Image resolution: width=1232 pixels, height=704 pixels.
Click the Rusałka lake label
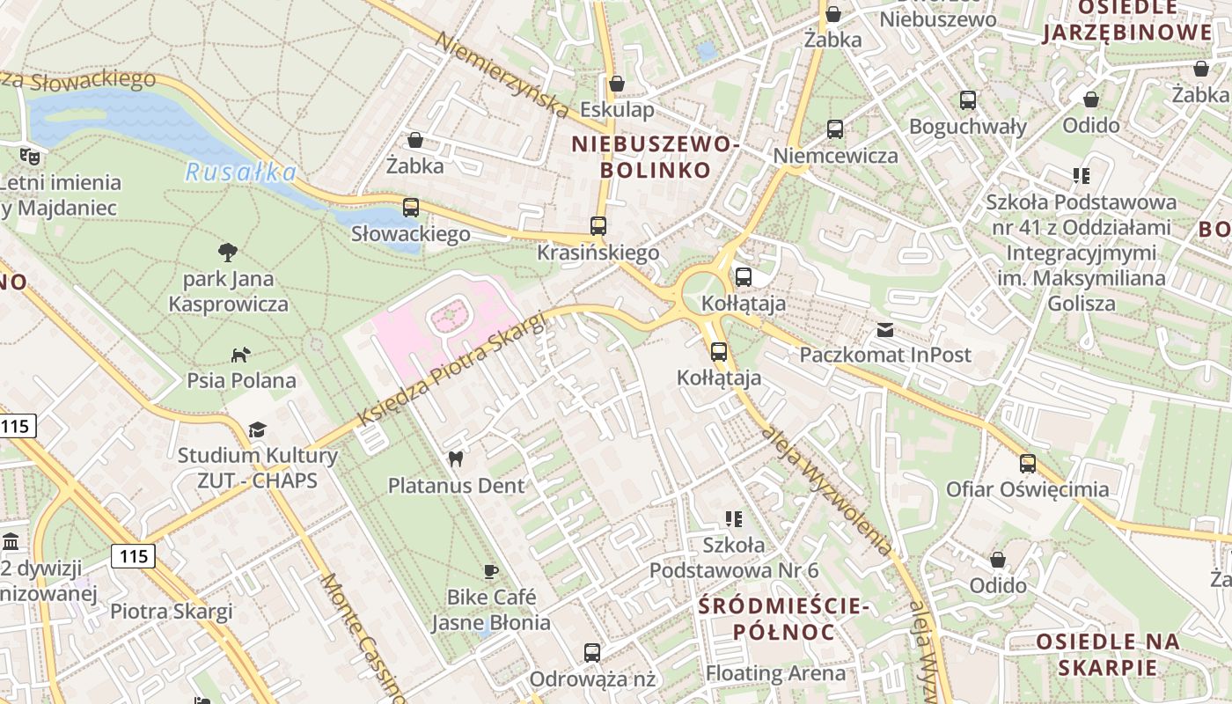point(240,172)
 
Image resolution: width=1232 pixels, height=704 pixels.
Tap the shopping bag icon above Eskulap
point(617,84)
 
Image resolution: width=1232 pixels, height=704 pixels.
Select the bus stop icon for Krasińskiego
point(598,226)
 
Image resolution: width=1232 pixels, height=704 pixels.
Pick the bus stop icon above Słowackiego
point(411,208)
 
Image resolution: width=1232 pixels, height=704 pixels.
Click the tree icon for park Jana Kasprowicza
point(228,253)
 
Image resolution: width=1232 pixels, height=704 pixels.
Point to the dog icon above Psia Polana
point(240,354)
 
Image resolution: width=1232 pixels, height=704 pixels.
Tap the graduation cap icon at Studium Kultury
point(257,429)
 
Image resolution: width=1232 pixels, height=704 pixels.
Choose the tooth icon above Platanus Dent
point(456,458)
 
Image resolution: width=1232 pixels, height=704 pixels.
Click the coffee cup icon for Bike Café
point(491,571)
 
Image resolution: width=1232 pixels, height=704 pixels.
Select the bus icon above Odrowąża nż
point(592,653)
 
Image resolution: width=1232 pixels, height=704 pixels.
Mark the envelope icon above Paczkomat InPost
point(885,330)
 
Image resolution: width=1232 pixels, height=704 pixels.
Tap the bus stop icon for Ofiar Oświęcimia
point(1028,464)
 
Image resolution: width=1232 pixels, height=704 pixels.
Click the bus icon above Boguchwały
point(968,100)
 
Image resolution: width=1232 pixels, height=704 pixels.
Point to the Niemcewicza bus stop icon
point(835,129)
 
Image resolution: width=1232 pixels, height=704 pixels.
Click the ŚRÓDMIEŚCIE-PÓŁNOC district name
point(783,619)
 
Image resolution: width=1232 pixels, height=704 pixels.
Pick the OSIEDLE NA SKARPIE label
point(1107,653)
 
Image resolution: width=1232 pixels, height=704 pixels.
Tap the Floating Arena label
point(775,674)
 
